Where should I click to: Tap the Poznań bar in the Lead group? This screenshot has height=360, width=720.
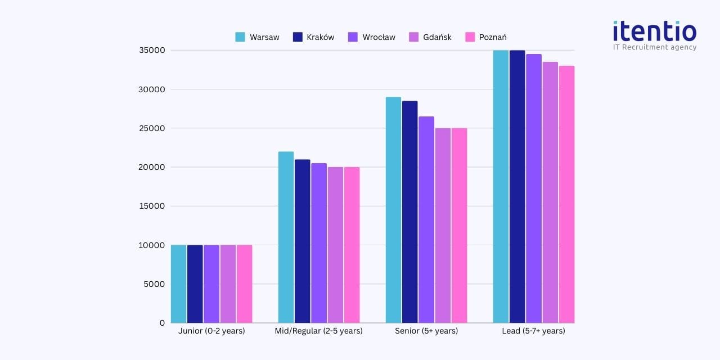566,194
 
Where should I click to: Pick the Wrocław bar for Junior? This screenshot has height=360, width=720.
211,283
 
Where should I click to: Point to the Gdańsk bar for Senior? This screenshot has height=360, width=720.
442,225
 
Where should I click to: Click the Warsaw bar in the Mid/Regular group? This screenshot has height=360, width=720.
286,237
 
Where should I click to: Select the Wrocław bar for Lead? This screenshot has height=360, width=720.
534,188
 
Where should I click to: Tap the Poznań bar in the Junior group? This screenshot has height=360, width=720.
244,283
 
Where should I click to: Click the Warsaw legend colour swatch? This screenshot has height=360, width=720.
240,37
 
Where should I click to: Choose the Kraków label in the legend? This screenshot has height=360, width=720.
321,37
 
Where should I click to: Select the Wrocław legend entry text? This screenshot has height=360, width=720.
379,37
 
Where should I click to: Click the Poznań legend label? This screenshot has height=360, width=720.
493,37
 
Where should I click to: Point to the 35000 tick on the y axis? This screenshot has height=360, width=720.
152,50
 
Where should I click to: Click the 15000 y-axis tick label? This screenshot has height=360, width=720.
152,206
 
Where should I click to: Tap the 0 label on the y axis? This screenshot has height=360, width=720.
162,323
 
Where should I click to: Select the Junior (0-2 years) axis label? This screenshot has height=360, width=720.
211,331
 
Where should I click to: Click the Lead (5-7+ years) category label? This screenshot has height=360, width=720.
533,331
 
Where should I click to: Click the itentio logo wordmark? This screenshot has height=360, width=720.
654,30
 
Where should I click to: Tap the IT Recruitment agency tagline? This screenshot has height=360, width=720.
654,47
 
